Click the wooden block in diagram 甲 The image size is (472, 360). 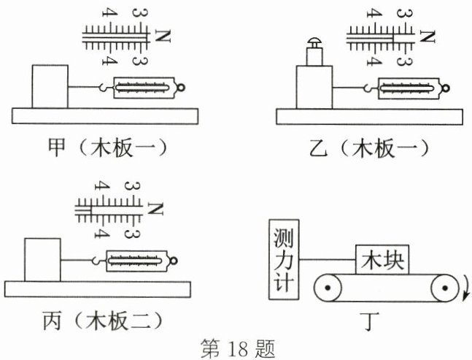[50, 85]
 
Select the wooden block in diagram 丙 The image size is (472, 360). [42, 258]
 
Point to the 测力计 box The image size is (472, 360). [284, 258]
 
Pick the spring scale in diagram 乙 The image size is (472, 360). [409, 89]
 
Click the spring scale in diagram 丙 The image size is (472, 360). [139, 259]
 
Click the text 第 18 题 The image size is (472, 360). [237, 346]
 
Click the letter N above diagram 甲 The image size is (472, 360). [162, 35]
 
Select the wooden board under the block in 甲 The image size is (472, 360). [107, 115]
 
